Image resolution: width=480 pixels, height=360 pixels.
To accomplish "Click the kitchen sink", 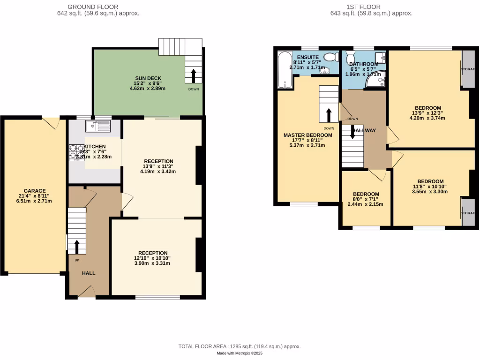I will (97, 125).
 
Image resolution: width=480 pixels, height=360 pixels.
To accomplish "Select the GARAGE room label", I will (35, 191).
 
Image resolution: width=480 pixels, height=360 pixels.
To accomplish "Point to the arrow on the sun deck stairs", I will (193, 75).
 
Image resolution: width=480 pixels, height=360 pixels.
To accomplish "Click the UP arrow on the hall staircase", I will (76, 246).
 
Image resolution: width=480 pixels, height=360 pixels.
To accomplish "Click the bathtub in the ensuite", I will (285, 70).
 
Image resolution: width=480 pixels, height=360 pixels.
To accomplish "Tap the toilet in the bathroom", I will (350, 58).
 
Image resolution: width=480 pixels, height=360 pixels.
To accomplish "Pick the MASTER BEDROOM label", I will (308, 135).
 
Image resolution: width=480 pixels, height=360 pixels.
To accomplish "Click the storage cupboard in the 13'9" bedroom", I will (467, 68).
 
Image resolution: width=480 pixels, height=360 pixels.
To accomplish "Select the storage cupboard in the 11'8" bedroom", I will (467, 213).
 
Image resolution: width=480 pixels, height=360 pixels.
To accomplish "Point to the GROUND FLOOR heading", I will (93, 7).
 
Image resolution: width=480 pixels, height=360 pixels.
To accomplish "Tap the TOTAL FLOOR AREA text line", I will (240, 346).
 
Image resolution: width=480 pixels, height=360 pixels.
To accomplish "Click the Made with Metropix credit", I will (240, 353).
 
